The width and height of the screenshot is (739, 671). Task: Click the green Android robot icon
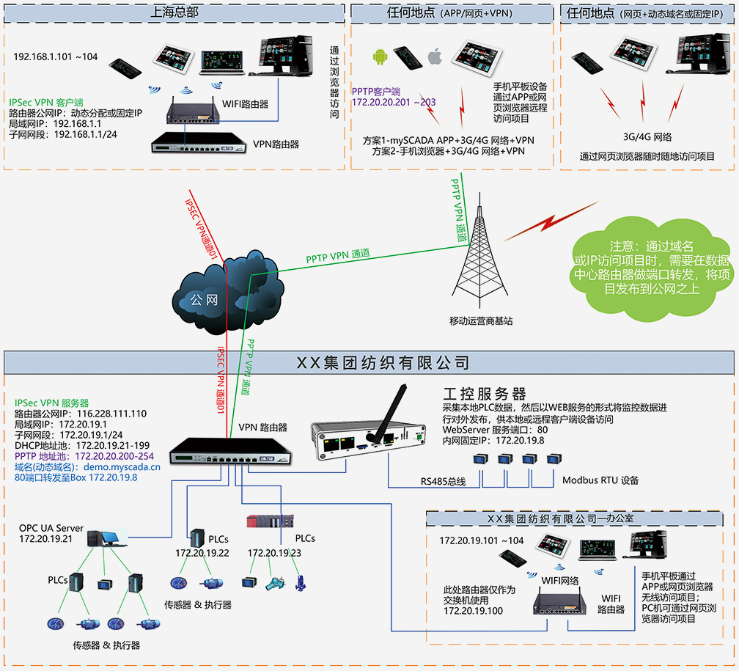tap(380, 56)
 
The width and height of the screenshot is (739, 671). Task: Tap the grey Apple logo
tap(435, 56)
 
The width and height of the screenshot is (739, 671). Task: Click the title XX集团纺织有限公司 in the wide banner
tap(381, 362)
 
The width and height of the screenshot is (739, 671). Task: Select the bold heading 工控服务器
tap(485, 394)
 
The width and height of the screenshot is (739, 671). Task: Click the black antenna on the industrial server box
tap(387, 410)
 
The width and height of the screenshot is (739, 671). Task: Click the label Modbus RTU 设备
tap(600, 480)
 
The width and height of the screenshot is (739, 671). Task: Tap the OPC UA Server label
tap(51, 528)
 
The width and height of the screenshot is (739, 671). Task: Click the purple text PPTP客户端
tap(376, 91)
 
